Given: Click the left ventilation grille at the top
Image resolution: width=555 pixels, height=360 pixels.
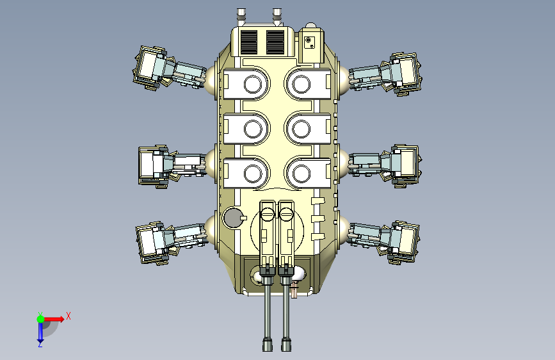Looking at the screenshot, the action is coord(248,42).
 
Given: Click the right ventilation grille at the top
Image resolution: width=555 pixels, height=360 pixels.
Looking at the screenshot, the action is coord(275,42).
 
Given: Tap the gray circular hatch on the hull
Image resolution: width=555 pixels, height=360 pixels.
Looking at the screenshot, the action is coord(232,218).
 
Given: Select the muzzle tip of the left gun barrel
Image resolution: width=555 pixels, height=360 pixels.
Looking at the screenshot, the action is coord(268,345).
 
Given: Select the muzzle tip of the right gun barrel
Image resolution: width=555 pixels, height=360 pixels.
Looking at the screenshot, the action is coord(286,345).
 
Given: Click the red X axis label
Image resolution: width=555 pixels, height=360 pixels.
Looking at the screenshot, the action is coord(68,316).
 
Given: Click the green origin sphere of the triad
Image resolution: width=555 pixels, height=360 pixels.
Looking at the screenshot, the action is coord(40,319).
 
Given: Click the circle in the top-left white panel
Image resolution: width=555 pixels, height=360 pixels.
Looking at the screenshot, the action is coord(253,85).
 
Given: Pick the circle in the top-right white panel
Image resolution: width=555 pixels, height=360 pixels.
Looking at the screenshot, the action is coord(302,85).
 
